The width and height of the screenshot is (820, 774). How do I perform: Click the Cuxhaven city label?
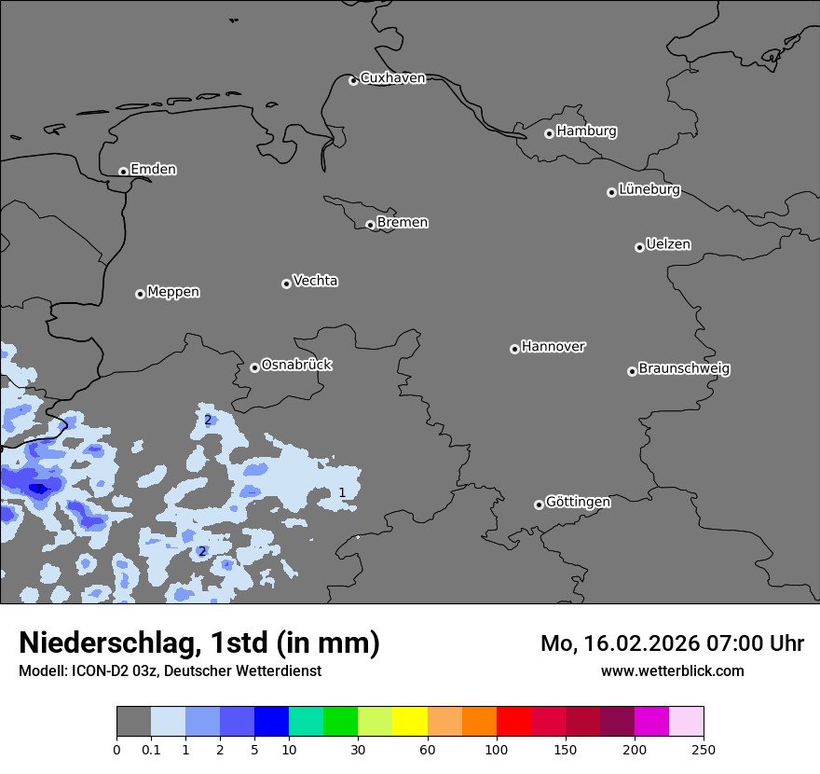coord(392,78)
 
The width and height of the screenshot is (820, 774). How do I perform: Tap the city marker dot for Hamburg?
coord(549,133)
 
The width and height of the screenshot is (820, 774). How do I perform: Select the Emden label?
coord(153,170)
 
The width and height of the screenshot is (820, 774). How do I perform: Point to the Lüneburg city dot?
coord(611,192)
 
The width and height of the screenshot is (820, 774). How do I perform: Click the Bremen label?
coord(403,223)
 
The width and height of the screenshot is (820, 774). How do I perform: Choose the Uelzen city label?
coord(668,245)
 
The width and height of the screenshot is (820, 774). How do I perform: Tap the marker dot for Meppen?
coord(140,294)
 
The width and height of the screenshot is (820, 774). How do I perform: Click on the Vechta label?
coord(315,281)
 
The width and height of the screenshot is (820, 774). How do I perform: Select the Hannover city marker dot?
coord(514,349)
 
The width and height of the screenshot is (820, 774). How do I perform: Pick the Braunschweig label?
coord(684,369)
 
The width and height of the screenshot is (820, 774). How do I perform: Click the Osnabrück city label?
coord(296,366)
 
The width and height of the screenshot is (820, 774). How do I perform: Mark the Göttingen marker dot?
coord(539,504)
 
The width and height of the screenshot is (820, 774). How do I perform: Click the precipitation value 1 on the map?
coord(342,492)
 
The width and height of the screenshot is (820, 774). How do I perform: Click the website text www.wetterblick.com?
coord(672,670)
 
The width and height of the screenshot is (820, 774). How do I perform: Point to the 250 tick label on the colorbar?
coord(704,750)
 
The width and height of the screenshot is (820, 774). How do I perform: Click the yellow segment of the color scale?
coord(410,722)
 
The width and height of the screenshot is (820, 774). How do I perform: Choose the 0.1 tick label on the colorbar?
coord(151,750)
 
